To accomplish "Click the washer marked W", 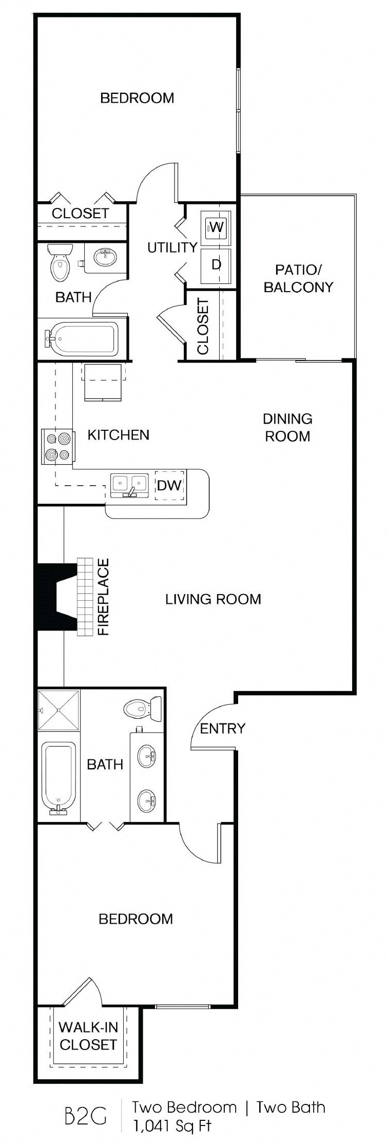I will click(x=216, y=226).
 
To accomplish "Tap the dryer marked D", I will click(x=216, y=264).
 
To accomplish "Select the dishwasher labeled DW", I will click(x=169, y=485).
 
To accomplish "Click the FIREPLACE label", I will click(x=104, y=597).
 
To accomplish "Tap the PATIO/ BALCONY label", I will click(x=298, y=278).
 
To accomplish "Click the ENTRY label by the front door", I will click(x=222, y=728).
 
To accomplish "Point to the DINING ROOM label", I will click(x=287, y=427).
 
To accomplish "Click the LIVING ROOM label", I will click(x=213, y=599).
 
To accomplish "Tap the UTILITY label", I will click(x=172, y=247).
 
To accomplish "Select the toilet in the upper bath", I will click(x=60, y=262).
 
